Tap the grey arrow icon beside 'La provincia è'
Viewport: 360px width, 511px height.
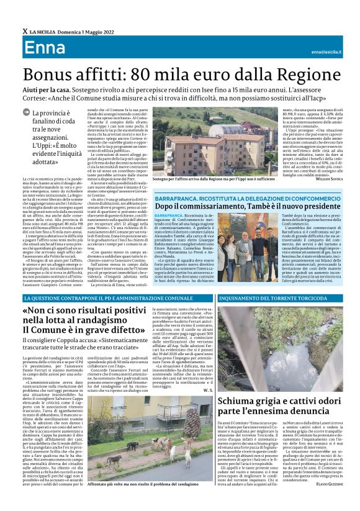25,113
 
